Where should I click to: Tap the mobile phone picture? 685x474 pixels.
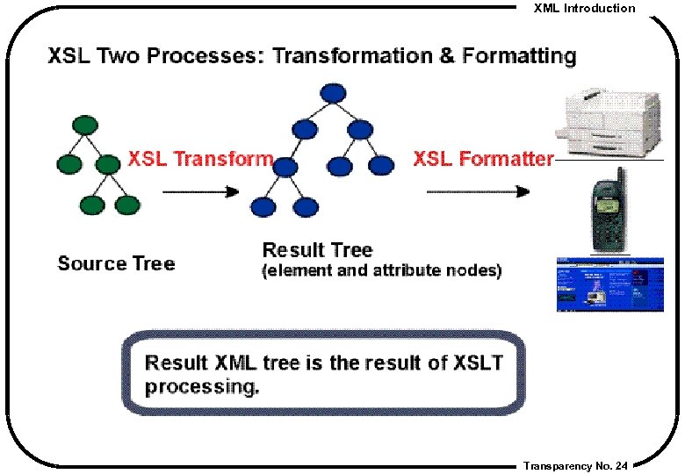tap(605, 210)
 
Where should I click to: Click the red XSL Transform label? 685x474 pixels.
tap(200, 159)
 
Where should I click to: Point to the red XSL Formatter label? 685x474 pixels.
tap(483, 159)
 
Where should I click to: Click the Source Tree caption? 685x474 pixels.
tap(116, 263)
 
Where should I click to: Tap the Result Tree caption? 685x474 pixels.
tap(317, 250)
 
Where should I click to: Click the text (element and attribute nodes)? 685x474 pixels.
tap(382, 271)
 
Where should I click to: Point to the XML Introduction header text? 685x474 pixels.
tap(584, 8)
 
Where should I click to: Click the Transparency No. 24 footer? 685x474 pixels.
tap(575, 466)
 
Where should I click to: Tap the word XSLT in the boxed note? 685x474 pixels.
tap(479, 363)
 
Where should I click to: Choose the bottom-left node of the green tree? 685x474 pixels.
tap(90, 205)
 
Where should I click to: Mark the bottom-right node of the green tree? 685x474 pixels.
tap(127, 205)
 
